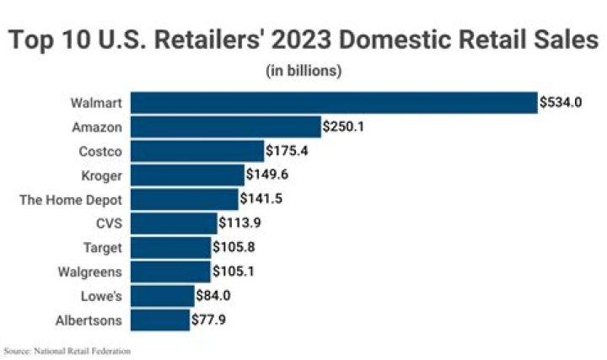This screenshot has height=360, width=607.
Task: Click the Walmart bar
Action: tap(334, 102)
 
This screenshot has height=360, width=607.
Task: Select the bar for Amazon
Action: tap(226, 126)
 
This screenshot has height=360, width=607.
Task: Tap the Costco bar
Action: tap(197, 151)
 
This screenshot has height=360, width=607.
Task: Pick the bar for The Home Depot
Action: tap(185, 199)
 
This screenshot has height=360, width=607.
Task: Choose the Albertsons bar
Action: tap(160, 320)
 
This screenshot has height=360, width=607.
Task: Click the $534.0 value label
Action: tap(562, 103)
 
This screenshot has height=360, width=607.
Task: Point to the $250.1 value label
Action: tap(346, 127)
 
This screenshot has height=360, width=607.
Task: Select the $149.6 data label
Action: tap(268, 175)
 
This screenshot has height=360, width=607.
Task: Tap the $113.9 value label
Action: tap(241, 223)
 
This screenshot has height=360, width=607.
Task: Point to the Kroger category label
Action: tap(104, 175)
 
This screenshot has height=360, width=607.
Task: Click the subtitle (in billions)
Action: tap(303, 70)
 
